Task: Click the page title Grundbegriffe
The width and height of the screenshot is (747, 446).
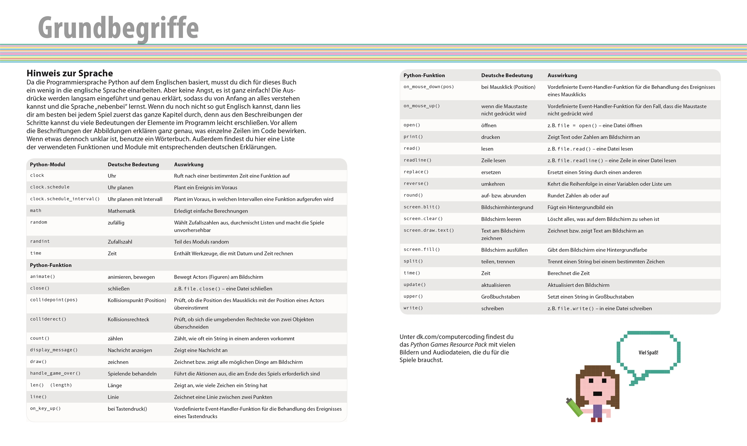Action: tap(118, 28)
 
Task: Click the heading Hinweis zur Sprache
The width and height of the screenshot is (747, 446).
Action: tap(70, 73)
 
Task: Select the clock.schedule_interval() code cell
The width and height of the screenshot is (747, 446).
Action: tap(65, 199)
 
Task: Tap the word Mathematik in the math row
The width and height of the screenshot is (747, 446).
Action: tap(121, 211)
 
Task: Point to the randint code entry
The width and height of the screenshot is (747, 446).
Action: tap(40, 241)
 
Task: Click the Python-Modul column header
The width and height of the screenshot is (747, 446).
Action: tap(47, 164)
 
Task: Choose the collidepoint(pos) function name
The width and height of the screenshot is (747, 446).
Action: tap(54, 300)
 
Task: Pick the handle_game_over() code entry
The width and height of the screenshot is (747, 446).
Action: tap(55, 374)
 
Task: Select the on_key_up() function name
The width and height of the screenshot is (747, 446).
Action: tap(45, 409)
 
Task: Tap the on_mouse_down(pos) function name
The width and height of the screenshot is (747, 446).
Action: tap(429, 87)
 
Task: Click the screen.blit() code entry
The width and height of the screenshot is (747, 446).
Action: tap(422, 207)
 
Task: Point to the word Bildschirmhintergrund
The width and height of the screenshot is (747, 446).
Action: tap(507, 207)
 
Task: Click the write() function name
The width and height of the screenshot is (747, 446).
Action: tap(413, 308)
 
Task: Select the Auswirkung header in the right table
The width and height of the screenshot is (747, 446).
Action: tap(562, 75)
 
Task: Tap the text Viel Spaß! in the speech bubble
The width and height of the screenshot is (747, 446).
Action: tap(648, 353)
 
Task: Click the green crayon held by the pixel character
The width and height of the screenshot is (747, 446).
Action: tap(574, 408)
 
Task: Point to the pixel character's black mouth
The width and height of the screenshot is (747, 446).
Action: tap(597, 394)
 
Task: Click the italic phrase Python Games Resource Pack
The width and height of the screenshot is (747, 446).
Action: tap(448, 345)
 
